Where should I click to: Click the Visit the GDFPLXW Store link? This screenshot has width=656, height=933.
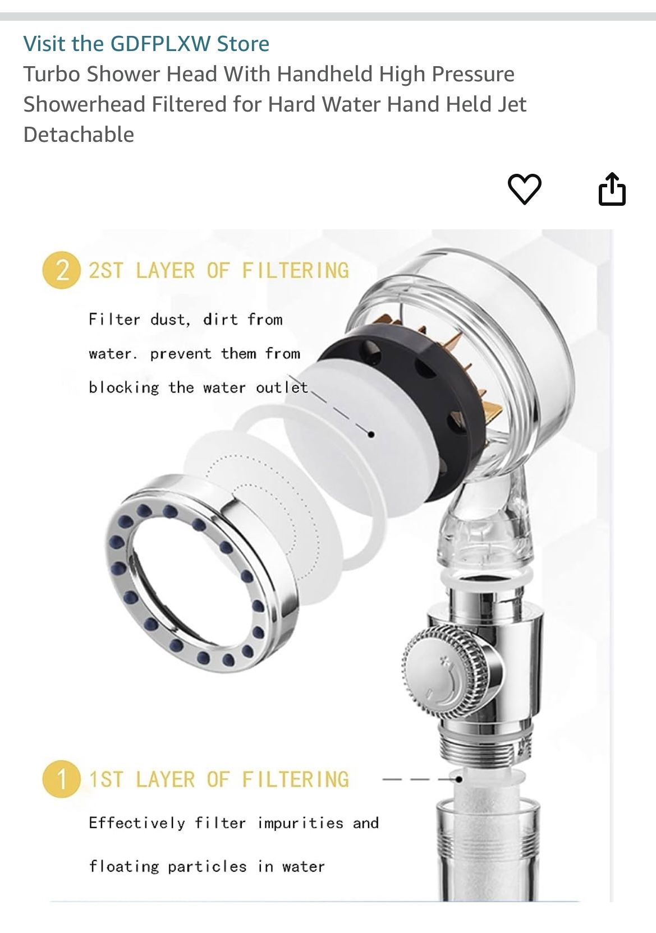146,44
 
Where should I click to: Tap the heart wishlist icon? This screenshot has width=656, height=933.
524,189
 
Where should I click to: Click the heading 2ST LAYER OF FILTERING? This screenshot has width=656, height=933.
219,271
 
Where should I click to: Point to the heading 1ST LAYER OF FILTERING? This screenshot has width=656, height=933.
219,779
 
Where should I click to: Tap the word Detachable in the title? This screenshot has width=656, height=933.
79,135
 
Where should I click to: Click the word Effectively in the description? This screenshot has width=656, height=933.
137,823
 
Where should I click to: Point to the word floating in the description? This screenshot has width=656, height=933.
124,867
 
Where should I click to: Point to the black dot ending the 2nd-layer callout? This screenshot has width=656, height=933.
371,434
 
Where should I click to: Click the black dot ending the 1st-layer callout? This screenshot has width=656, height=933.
459,779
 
